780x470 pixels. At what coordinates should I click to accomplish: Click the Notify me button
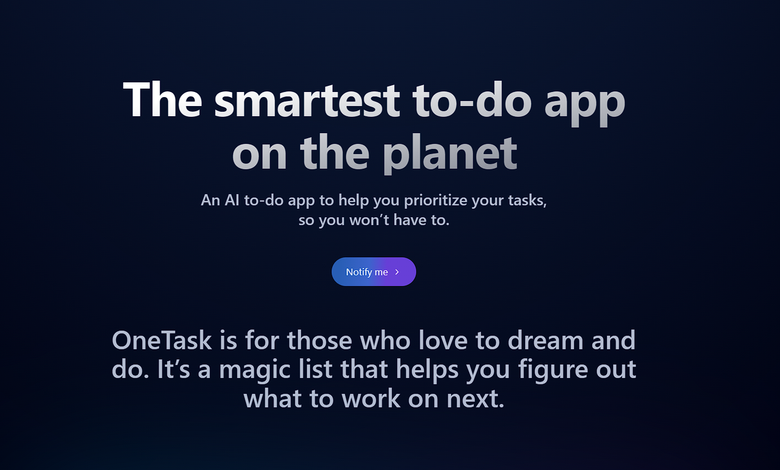click(373, 272)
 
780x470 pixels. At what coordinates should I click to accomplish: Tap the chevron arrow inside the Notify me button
click(397, 272)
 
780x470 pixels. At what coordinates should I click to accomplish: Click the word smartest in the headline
click(307, 100)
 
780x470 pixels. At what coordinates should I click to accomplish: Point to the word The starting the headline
click(162, 100)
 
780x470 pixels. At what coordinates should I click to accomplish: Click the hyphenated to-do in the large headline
click(471, 100)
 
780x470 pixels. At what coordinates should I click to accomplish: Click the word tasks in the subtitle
click(528, 200)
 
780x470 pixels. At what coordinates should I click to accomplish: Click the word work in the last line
click(372, 399)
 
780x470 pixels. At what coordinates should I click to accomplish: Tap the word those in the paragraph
click(320, 340)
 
